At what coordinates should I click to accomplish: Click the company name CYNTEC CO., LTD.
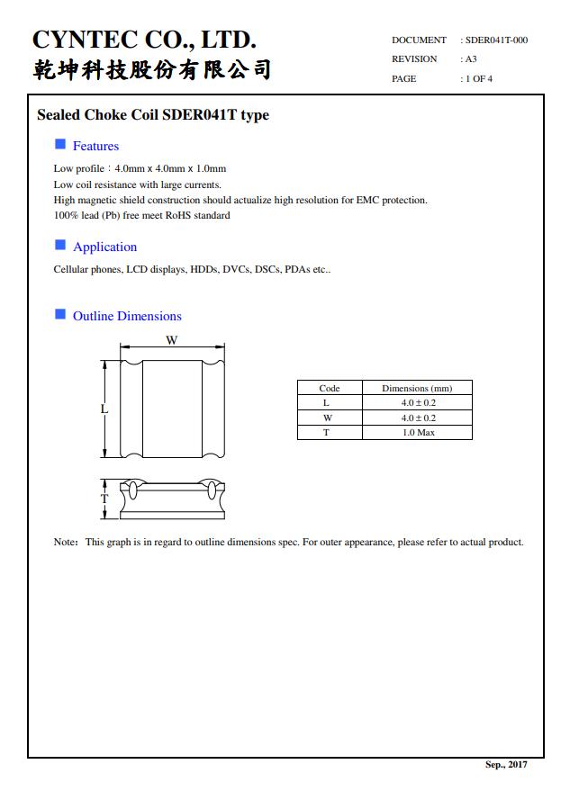point(144,40)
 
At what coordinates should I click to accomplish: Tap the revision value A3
point(471,59)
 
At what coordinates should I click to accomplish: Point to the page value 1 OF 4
point(479,79)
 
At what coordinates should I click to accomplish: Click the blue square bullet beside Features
point(60,144)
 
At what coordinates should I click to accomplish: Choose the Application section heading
point(104,247)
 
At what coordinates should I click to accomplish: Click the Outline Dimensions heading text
point(127,316)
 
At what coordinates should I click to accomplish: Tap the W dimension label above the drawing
point(171,340)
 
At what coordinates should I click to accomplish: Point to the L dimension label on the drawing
point(104,409)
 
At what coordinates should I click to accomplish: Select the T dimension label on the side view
point(104,499)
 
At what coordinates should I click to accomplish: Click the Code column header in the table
point(330,388)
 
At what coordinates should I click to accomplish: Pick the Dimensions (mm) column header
point(417,388)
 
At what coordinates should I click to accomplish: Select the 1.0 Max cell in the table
point(418,433)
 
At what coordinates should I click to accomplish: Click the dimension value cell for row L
point(418,403)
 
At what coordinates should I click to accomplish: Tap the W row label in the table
point(329,418)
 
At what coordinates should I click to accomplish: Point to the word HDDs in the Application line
point(204,269)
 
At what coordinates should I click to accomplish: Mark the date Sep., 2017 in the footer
point(506,764)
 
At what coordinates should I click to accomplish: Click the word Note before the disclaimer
point(64,542)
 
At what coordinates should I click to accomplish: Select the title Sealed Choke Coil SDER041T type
point(152,115)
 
